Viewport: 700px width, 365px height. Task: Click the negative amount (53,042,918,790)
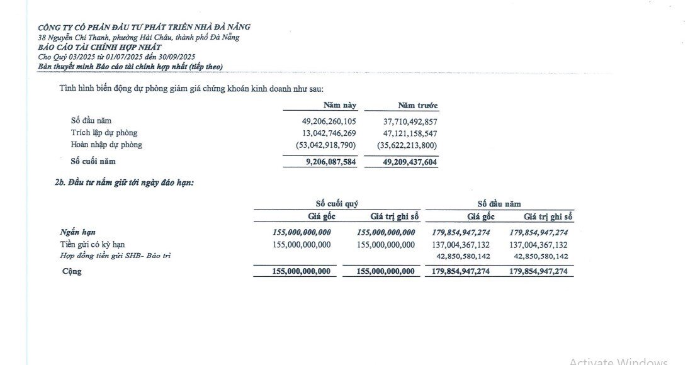click(x=326, y=145)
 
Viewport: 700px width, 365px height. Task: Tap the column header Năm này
click(x=340, y=105)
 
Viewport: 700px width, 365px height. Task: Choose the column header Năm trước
click(x=418, y=105)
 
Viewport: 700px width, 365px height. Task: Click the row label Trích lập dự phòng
click(x=104, y=133)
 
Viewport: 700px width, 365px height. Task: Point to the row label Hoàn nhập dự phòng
click(x=106, y=145)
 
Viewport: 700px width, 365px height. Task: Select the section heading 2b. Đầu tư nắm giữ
click(x=125, y=182)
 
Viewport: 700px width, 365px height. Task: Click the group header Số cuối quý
click(x=337, y=204)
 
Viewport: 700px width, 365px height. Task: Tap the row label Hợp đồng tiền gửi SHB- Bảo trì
click(x=115, y=256)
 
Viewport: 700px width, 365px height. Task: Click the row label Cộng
click(x=72, y=272)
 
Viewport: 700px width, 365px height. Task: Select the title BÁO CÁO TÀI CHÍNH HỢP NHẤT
click(x=99, y=47)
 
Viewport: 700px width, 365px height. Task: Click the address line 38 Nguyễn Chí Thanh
click(x=138, y=37)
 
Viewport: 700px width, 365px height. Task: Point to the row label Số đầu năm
click(x=91, y=121)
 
